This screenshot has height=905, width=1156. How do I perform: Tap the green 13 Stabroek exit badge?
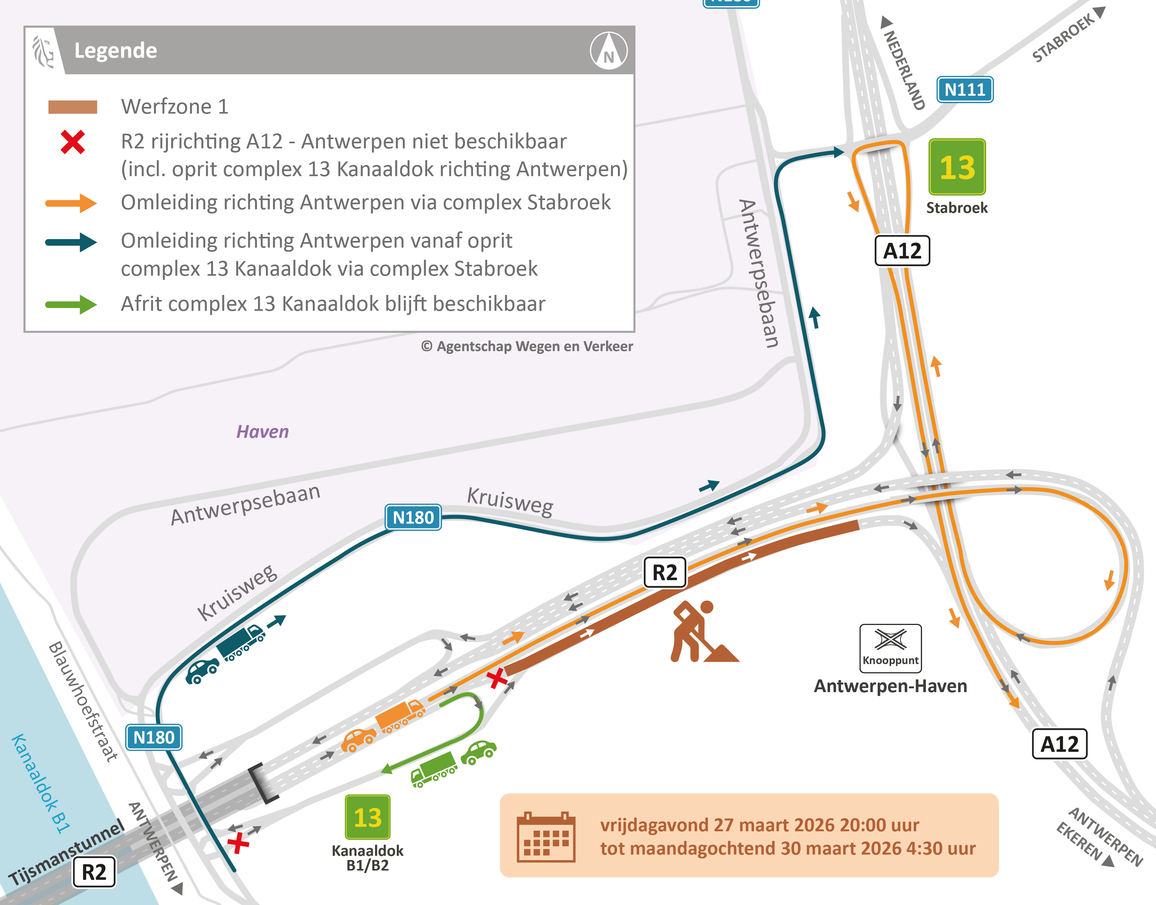point(957,167)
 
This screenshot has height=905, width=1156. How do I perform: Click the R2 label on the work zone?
point(664,572)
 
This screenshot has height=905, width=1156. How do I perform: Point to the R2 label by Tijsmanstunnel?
point(94,871)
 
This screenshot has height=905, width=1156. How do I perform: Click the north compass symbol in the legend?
point(608,51)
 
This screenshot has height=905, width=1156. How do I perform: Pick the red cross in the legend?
point(72,142)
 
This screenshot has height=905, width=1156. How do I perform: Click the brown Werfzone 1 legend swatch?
point(72,107)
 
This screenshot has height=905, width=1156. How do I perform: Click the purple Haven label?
point(262,432)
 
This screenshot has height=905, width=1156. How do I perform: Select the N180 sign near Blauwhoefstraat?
point(154,737)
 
